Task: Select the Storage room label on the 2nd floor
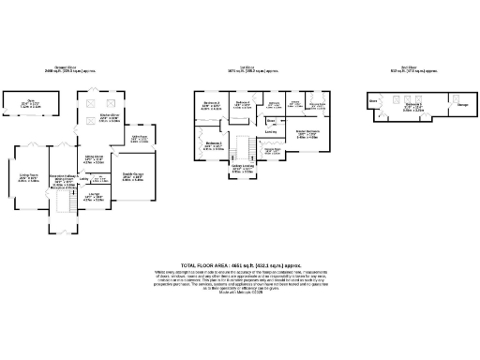click(x=463, y=105)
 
